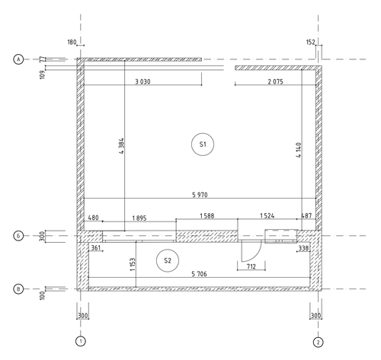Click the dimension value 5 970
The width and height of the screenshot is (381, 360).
(x=200, y=195)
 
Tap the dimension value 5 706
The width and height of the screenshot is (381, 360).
(x=199, y=274)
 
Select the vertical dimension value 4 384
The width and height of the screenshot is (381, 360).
(x=121, y=146)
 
